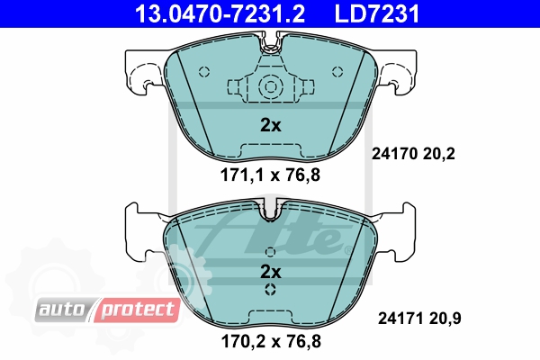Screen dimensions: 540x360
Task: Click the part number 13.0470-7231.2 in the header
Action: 220,13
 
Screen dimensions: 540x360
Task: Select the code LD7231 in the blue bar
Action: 377,13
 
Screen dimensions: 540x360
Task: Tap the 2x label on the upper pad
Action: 270,125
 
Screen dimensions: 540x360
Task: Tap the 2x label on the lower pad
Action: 270,272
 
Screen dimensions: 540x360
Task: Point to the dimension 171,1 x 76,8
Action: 270,175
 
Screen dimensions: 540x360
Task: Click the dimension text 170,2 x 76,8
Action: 271,341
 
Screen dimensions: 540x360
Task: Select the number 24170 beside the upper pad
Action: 395,154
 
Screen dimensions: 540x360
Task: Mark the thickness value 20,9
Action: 445,319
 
